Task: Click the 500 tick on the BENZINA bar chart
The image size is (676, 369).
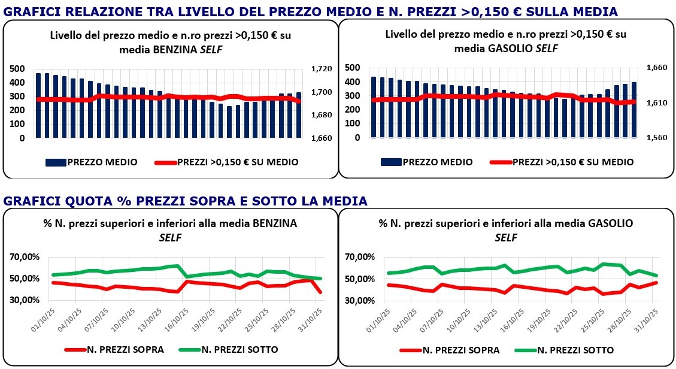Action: [x=17, y=69]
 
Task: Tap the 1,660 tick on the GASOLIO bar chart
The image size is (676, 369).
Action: [x=656, y=68]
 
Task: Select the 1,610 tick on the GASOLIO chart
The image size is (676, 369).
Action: [x=656, y=103]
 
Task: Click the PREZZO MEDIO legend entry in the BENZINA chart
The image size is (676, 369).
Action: [x=91, y=162]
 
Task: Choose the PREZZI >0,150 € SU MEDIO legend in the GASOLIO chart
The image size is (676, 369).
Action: [x=562, y=162]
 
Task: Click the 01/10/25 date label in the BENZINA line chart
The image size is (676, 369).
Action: [x=47, y=318]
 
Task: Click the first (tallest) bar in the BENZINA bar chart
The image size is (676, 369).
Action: [x=38, y=105]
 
